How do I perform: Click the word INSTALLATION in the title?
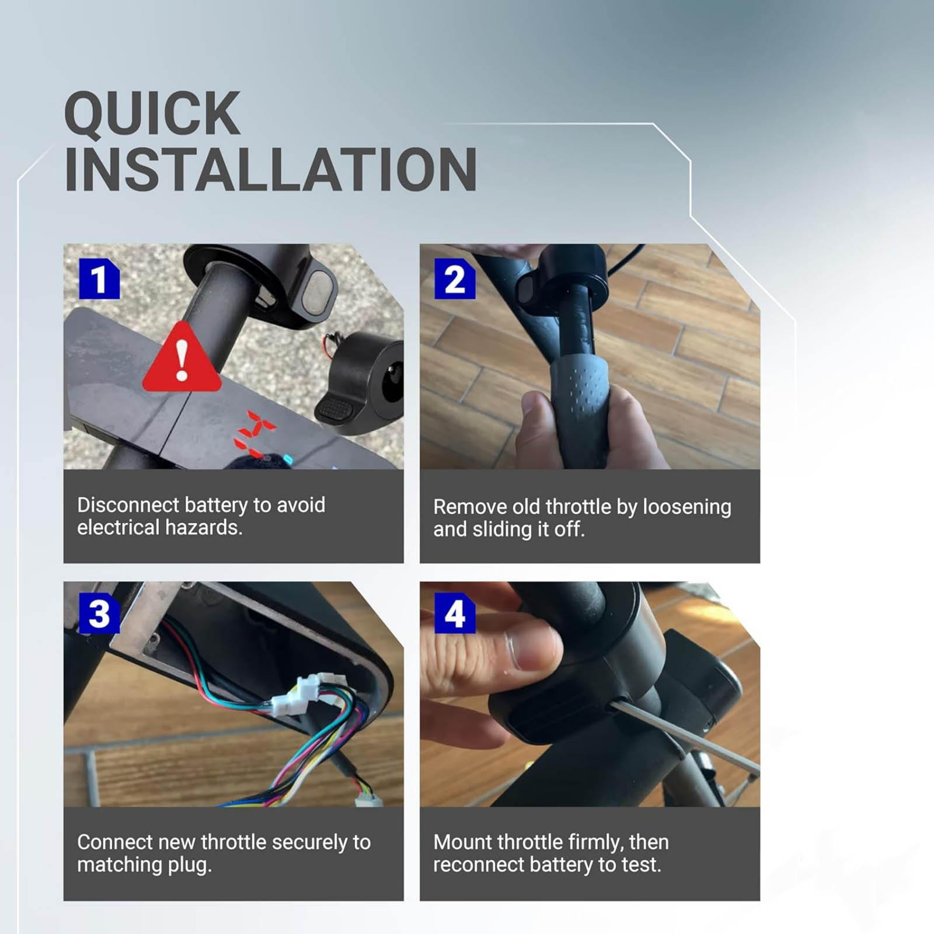[x=270, y=169]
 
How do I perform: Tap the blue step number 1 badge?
[x=99, y=278]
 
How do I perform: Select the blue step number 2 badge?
[x=455, y=278]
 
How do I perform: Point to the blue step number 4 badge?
[x=455, y=613]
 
